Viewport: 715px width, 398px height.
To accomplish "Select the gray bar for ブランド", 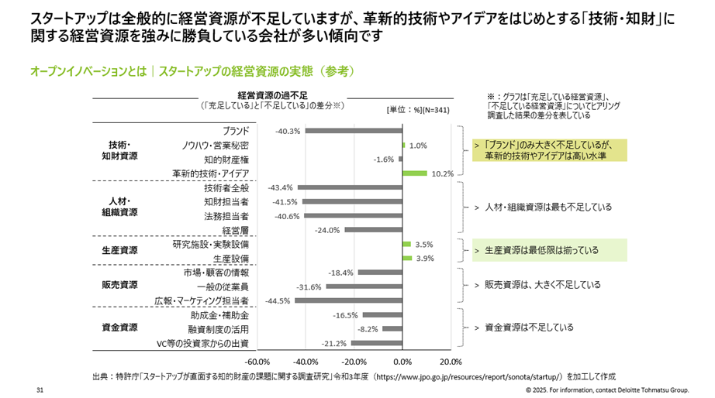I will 354,130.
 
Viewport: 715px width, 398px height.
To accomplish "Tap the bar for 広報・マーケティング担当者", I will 349,300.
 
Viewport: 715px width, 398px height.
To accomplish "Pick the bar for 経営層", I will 374,230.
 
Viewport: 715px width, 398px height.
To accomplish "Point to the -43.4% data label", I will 280,187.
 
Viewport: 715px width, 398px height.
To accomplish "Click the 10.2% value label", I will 443,173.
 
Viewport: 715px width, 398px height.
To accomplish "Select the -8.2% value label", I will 368,329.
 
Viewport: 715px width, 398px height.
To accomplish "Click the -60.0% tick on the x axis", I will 257,362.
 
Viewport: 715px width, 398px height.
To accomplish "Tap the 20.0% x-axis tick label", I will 451,362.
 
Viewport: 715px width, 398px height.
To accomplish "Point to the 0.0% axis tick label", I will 402,362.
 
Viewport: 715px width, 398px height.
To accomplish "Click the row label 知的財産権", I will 226,159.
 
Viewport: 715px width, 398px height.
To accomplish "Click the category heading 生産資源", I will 120,251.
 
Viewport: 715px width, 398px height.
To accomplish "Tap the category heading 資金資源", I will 120,328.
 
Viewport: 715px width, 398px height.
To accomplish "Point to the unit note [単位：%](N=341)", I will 419,110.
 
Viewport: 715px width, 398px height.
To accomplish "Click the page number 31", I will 39,389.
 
